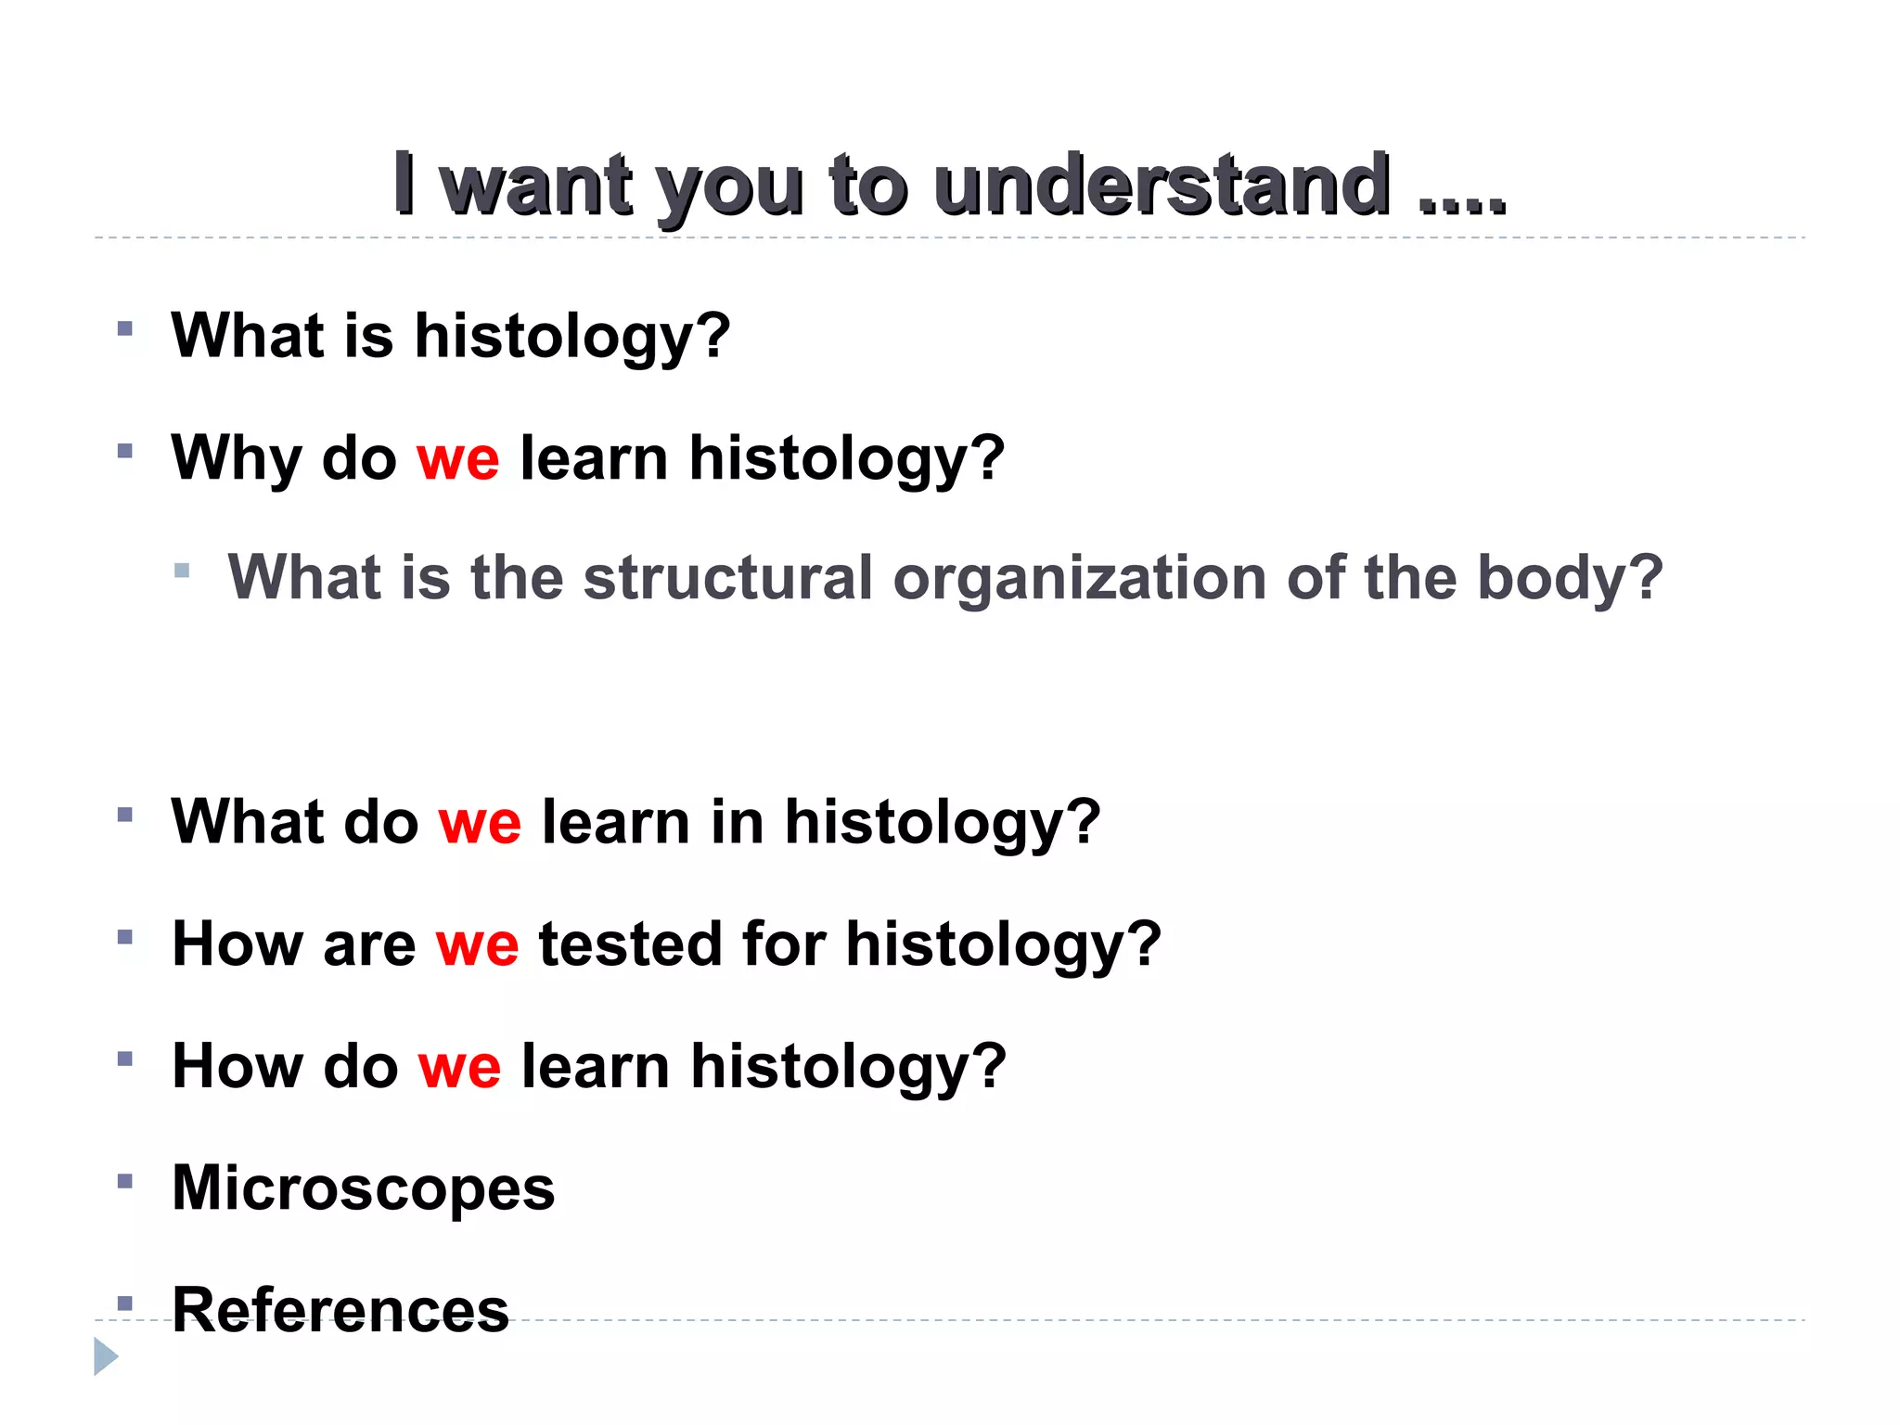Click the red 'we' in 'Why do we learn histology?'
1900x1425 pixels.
pyautogui.click(x=458, y=458)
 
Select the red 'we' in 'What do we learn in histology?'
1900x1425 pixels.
pyautogui.click(x=480, y=822)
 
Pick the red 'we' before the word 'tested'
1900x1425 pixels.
pyautogui.click(x=478, y=944)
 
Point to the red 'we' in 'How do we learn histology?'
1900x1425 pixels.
pyautogui.click(x=460, y=1066)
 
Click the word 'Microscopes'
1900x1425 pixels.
pyautogui.click(x=364, y=1188)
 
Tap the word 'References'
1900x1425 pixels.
pyautogui.click(x=340, y=1310)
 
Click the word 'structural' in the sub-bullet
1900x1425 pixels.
pyautogui.click(x=728, y=577)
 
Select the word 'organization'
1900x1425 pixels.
pyautogui.click(x=1080, y=577)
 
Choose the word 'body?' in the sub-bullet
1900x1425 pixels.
pyautogui.click(x=1570, y=577)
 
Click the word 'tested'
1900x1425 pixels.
pyautogui.click(x=631, y=944)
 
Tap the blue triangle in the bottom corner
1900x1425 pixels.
pyautogui.click(x=106, y=1356)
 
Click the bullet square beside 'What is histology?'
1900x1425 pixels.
pyautogui.click(x=125, y=328)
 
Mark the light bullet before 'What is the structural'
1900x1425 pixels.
pyautogui.click(x=182, y=571)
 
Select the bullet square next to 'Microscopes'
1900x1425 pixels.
pyautogui.click(x=125, y=1181)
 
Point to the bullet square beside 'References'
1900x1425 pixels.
pyautogui.click(x=125, y=1303)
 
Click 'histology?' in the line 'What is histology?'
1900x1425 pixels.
pyautogui.click(x=571, y=336)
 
